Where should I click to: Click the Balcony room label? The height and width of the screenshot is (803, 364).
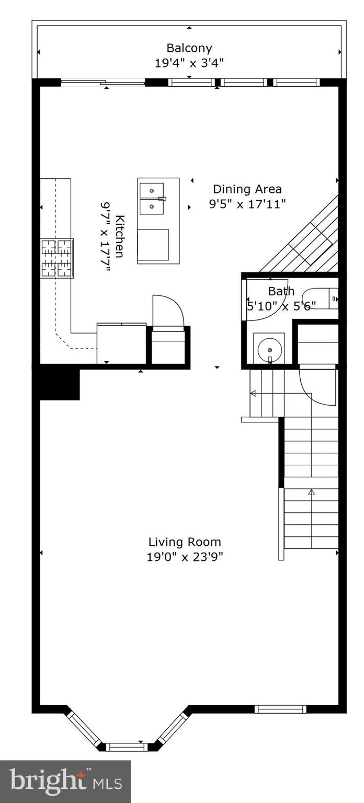tap(189, 48)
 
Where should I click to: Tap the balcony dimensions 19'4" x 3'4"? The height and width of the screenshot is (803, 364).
tap(189, 63)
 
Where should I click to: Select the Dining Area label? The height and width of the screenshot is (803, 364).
tap(247, 189)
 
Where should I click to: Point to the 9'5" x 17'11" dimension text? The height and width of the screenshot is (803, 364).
tap(247, 204)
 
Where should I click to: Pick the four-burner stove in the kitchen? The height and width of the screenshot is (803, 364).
tap(57, 258)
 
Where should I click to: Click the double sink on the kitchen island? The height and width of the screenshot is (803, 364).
tap(152, 199)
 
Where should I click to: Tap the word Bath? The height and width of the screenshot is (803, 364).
tap(281, 291)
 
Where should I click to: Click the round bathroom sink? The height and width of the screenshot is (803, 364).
tap(269, 349)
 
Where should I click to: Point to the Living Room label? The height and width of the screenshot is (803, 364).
tap(185, 542)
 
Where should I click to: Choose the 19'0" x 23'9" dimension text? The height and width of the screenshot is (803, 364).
tap(185, 557)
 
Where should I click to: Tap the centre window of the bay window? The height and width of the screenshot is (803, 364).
tap(127, 747)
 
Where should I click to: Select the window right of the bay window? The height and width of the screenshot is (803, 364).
tap(280, 709)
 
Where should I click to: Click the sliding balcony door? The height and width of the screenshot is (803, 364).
tap(103, 82)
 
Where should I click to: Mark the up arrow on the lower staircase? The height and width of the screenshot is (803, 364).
tap(312, 492)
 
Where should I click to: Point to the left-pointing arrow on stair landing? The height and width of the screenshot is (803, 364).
tap(253, 393)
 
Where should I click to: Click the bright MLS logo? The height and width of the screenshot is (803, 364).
tap(65, 782)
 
